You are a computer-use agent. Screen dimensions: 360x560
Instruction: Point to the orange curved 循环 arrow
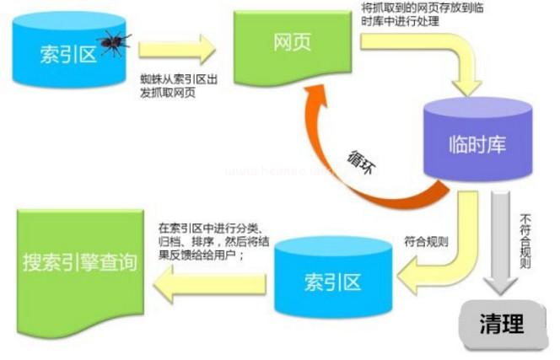click(337, 169)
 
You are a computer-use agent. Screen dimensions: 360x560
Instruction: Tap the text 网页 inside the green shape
click(292, 43)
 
